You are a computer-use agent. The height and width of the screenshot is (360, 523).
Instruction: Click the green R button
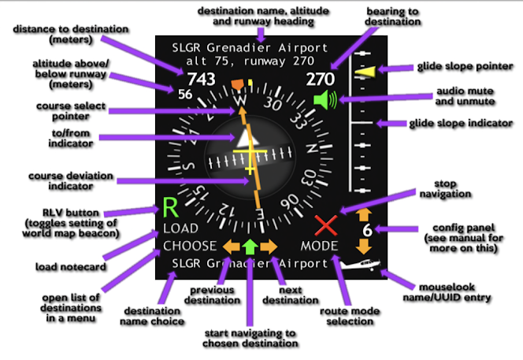(171, 209)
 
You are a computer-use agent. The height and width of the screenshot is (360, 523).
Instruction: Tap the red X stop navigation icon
(325, 227)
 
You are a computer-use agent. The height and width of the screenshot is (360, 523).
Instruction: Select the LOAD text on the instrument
(181, 228)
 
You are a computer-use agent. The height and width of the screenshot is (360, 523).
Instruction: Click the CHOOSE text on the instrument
(189, 246)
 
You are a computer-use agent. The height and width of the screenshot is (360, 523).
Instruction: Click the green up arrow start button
(250, 246)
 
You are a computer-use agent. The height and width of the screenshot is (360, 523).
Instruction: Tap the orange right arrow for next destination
(269, 246)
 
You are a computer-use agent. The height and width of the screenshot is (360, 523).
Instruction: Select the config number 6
(366, 230)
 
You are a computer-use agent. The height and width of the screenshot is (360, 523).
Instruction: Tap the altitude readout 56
(185, 95)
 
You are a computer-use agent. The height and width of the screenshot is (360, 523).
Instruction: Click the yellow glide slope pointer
(365, 72)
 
